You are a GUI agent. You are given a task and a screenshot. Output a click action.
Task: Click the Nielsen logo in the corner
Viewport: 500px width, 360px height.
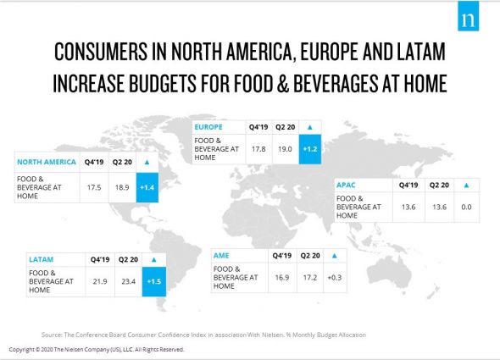click(468, 18)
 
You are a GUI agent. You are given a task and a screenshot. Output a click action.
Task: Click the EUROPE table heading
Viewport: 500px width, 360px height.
click(210, 128)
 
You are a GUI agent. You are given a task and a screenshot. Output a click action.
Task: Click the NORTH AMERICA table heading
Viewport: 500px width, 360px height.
click(49, 161)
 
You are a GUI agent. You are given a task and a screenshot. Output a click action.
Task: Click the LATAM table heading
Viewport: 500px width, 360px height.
click(42, 259)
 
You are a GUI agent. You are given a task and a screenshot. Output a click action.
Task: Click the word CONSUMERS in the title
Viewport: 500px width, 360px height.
click(102, 53)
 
